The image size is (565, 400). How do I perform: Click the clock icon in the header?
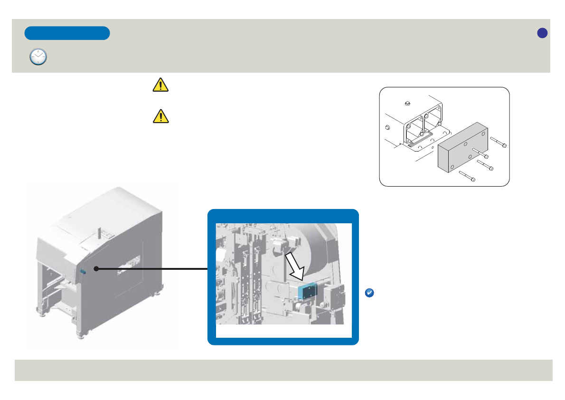pos(38,57)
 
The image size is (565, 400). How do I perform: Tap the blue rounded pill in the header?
pos(67,33)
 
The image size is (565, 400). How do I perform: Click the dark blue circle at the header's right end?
pos(542,33)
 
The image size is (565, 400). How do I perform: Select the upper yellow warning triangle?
pos(161,85)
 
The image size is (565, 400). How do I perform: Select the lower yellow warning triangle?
pos(161,115)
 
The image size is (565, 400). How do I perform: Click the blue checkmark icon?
pos(369,293)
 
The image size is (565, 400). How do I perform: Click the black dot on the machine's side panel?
pos(96,269)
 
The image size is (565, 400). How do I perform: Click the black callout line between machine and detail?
pos(152,269)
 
